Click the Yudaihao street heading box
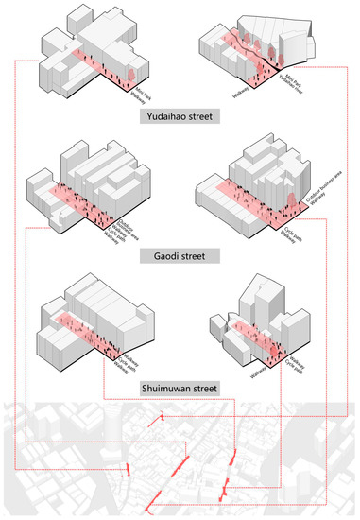point(179,117)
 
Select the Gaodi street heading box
point(179,254)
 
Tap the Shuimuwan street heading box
point(179,388)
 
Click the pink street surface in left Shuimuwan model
point(80,326)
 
